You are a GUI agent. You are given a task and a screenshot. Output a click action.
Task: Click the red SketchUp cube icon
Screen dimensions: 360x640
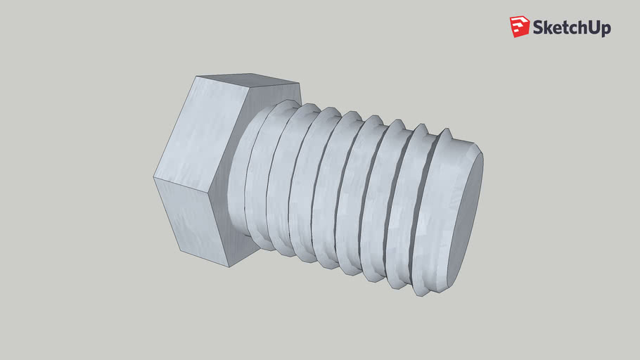[520, 27]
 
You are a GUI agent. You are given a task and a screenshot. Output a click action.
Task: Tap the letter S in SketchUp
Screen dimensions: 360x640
[539, 27]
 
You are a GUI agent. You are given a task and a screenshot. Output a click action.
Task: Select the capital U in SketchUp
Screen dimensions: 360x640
[593, 27]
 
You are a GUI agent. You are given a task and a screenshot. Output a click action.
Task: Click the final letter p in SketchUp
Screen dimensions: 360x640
[606, 30]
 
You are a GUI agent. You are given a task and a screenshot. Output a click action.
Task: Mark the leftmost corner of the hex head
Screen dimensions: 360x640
[153, 177]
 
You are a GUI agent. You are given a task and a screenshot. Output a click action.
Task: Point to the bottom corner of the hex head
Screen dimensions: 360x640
[229, 266]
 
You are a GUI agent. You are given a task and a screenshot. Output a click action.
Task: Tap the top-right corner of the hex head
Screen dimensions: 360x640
[300, 83]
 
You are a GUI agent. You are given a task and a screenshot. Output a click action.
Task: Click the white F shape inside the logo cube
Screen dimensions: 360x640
[519, 26]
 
